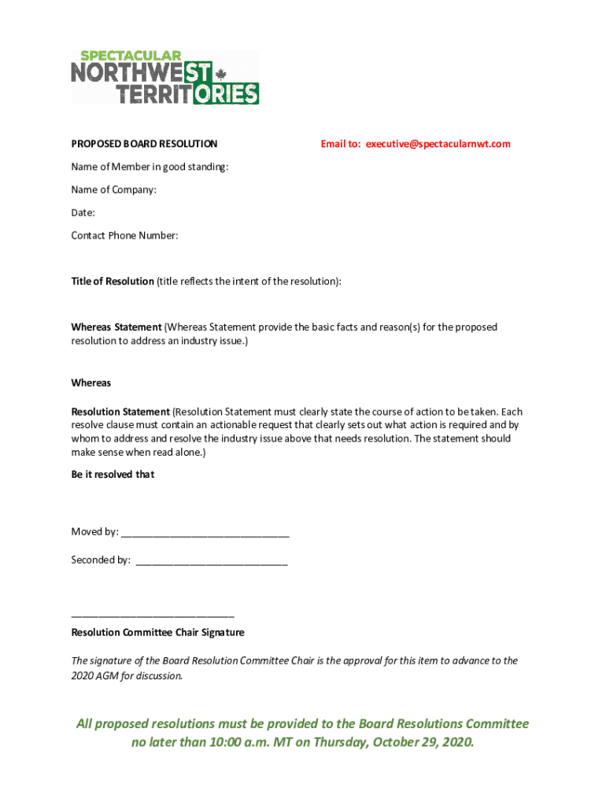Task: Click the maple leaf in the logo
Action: [221, 74]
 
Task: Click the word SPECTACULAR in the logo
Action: [127, 56]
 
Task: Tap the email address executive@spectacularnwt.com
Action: [438, 144]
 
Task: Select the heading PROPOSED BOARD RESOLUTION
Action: [144, 144]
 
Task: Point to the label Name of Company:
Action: [114, 190]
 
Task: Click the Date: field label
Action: [83, 213]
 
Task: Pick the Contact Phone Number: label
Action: [124, 235]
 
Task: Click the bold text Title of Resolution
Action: [113, 281]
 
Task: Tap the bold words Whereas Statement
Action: [116, 327]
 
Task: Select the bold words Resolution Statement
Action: [120, 412]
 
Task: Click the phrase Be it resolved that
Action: [113, 475]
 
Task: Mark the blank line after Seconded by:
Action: [212, 562]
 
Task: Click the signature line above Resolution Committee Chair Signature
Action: [153, 615]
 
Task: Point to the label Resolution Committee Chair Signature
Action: [157, 633]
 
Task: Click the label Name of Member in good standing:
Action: [150, 167]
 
